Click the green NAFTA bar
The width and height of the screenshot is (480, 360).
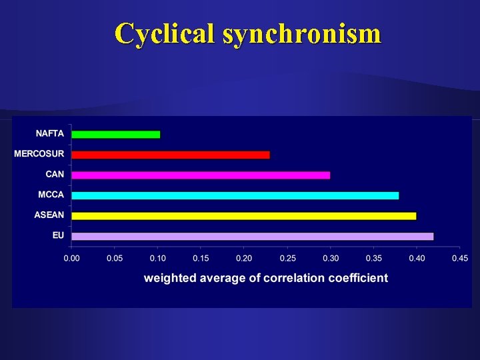pos(115,134)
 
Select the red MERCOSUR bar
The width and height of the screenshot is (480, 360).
pos(170,155)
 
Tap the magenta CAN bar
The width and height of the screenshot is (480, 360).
pos(200,175)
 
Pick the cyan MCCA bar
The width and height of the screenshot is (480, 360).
pos(235,195)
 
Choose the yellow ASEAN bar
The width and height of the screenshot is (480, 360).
pos(243,216)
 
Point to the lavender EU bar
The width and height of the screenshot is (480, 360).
pos(252,236)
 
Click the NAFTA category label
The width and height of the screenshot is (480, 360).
pos(49,133)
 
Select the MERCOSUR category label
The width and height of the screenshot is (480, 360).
pos(39,154)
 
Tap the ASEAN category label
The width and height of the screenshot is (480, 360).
pos(49,215)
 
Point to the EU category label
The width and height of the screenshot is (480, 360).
pos(58,235)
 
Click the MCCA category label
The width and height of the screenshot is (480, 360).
pos(51,195)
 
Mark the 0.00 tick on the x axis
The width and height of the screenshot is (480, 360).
pos(71,258)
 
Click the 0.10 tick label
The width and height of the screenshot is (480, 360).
pos(157,258)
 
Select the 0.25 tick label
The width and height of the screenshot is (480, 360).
pos(287,258)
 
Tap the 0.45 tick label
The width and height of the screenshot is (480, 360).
pos(459,258)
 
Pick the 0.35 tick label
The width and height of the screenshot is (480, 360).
pos(373,258)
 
